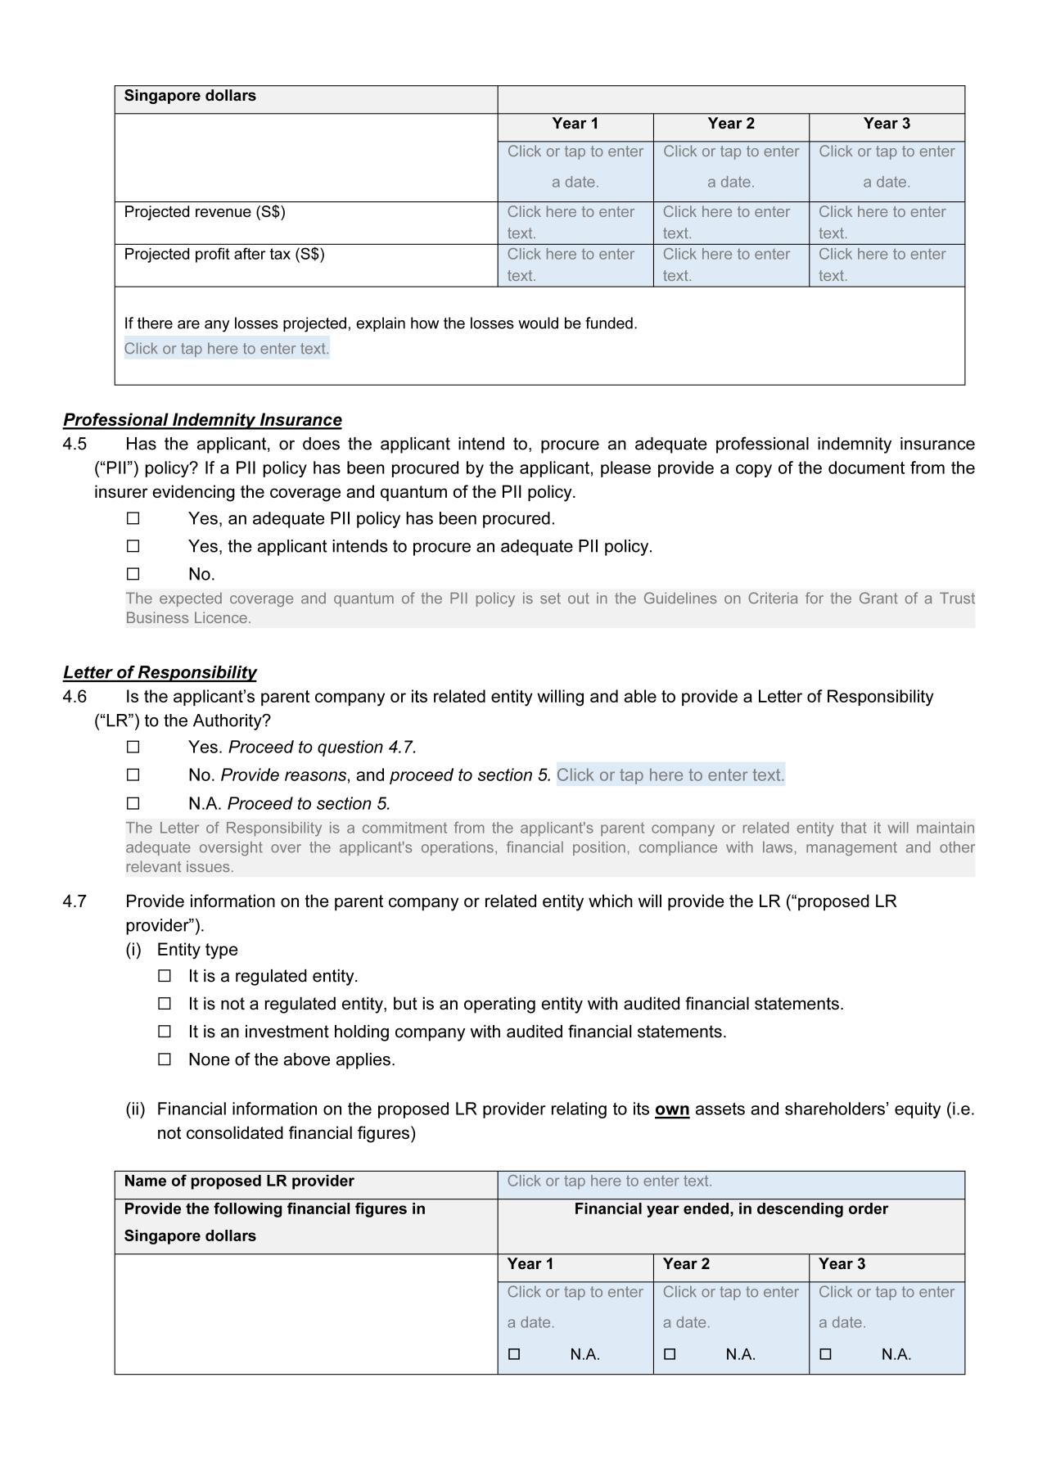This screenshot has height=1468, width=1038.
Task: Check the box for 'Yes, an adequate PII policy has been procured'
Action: (133, 519)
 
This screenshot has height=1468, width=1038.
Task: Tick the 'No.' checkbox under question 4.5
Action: (133, 574)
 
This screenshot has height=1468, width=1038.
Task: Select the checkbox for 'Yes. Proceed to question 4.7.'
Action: (133, 748)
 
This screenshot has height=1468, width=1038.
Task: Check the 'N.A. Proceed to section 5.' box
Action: (133, 803)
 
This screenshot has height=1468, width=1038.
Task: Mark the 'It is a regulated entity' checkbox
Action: (165, 976)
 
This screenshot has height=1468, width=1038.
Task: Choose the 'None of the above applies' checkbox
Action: (165, 1059)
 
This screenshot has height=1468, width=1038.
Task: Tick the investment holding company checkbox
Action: (165, 1032)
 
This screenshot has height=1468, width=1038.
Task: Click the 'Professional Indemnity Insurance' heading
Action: (202, 420)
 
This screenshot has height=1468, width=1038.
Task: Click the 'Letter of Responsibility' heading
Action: (160, 672)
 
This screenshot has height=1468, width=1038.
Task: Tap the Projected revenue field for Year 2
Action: (730, 223)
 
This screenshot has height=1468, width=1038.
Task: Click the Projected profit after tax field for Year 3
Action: (886, 265)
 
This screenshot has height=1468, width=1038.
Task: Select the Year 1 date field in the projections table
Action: (575, 167)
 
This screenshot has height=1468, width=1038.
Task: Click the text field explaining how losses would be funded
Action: (227, 349)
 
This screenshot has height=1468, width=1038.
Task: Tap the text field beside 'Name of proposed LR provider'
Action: (730, 1181)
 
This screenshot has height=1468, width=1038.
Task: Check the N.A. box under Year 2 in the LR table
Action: (670, 1354)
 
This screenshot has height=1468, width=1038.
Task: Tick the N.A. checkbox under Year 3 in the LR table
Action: (825, 1354)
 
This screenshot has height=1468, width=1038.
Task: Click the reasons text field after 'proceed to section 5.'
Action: (670, 775)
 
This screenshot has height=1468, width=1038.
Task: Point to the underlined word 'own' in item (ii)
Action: (671, 1109)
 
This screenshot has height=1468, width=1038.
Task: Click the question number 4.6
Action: (74, 697)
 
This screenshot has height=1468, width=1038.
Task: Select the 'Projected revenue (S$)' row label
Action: (205, 212)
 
